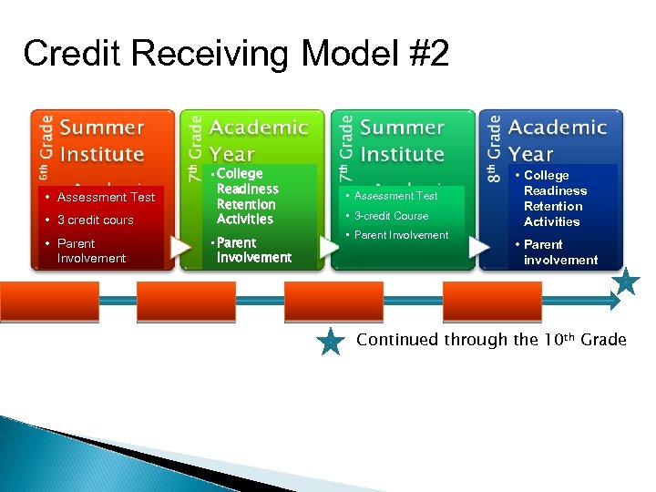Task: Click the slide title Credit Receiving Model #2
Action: click(236, 55)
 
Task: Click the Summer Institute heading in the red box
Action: click(102, 140)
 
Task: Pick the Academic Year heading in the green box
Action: click(258, 140)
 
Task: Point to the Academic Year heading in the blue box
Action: click(557, 140)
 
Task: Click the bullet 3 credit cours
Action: click(95, 220)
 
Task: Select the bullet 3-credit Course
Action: click(391, 216)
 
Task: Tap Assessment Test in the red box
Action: click(106, 197)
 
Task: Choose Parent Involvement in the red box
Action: click(91, 251)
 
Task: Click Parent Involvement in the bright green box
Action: click(253, 250)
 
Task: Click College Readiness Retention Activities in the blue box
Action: click(555, 199)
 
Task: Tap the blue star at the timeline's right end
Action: click(626, 282)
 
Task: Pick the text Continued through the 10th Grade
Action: click(491, 340)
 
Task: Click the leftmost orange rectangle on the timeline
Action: click(36, 299)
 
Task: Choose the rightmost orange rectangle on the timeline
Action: click(474, 299)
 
